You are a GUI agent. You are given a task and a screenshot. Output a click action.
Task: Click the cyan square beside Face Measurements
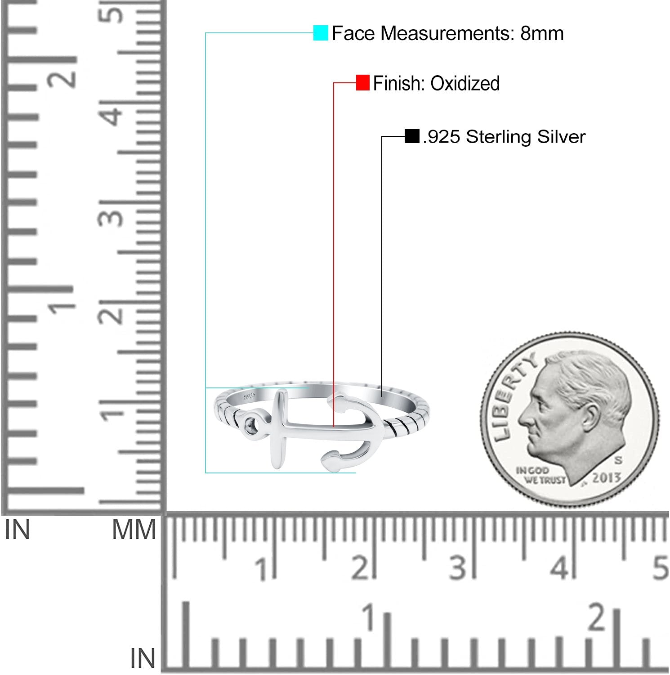321,33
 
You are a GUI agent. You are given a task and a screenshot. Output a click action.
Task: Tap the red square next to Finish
363,83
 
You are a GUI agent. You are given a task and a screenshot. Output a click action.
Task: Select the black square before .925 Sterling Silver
412,136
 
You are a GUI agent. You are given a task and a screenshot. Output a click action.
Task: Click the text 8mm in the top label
542,33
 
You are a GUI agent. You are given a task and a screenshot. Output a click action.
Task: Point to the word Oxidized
465,83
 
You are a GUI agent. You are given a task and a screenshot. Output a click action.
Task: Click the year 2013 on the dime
606,477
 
